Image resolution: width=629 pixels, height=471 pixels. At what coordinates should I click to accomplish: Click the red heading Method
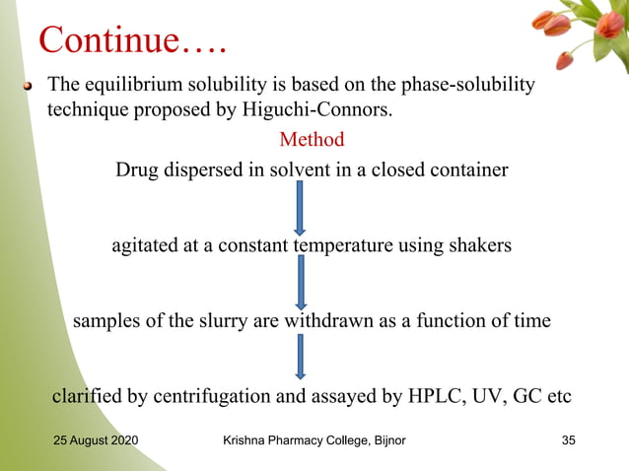click(x=312, y=139)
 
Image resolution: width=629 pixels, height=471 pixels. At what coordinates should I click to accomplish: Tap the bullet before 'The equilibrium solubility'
click(x=31, y=87)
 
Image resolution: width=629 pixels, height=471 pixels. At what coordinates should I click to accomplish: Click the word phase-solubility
click(x=465, y=85)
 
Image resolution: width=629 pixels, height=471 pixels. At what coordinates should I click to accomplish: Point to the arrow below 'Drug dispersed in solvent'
click(x=301, y=207)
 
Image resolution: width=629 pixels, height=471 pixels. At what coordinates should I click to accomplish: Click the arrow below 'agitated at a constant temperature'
click(x=301, y=283)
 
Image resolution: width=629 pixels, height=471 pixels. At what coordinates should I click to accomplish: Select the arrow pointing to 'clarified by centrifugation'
click(x=301, y=357)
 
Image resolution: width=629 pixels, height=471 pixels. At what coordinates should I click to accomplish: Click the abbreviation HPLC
click(x=429, y=397)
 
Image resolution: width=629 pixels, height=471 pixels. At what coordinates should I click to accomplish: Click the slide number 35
click(x=568, y=438)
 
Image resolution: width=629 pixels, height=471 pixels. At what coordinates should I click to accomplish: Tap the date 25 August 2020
click(x=96, y=438)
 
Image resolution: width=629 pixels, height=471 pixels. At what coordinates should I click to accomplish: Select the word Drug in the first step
click(x=136, y=169)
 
